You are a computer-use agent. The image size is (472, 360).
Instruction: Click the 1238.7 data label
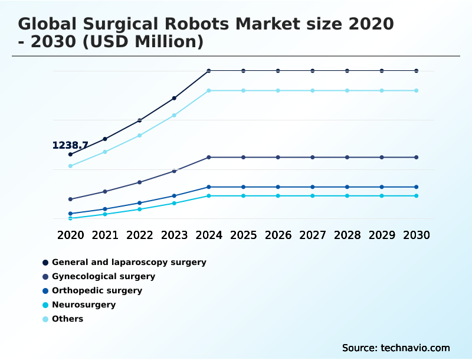coord(70,145)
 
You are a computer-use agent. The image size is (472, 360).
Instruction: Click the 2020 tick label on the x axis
coord(70,235)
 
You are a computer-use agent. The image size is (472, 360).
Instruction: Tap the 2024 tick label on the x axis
coord(209,235)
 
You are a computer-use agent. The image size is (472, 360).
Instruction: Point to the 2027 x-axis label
coord(313,235)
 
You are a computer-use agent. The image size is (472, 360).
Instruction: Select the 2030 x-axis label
coord(417,235)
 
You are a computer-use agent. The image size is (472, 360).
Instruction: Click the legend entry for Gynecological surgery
coord(103,276)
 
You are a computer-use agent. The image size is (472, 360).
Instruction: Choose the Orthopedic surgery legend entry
coord(97,290)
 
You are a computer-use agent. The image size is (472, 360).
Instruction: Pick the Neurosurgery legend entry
coord(83,305)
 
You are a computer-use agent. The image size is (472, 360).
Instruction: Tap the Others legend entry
coord(67,319)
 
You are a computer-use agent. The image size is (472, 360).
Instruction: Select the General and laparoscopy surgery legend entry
coord(129,262)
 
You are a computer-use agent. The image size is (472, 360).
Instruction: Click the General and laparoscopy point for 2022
coord(140,120)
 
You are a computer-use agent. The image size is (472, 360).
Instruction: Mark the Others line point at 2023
coord(174,115)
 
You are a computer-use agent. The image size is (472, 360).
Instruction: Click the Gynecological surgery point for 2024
coord(209,158)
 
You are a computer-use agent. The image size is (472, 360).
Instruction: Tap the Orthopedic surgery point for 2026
coord(278,187)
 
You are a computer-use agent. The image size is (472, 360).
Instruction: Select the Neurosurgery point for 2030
coord(417,196)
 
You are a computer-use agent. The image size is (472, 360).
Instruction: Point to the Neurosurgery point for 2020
coord(70,218)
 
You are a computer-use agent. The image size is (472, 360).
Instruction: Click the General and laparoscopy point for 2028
coord(347,71)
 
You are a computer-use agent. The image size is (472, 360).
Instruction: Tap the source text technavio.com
coord(417,348)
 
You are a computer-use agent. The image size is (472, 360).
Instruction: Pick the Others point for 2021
coord(105,152)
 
